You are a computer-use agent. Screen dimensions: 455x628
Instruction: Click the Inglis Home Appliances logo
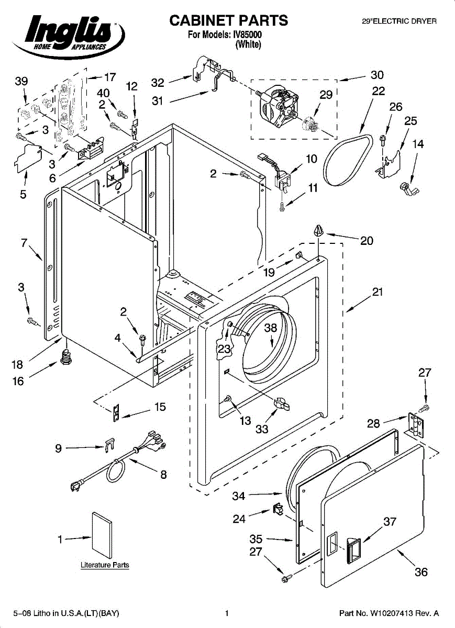[68, 37]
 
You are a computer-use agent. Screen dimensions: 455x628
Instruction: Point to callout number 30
[377, 75]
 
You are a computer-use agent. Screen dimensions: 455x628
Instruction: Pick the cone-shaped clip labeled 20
[318, 231]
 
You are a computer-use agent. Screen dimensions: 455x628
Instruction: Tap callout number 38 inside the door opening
[270, 328]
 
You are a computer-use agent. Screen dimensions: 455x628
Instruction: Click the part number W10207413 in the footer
[389, 613]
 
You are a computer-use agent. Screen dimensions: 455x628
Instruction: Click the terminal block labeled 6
[91, 149]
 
